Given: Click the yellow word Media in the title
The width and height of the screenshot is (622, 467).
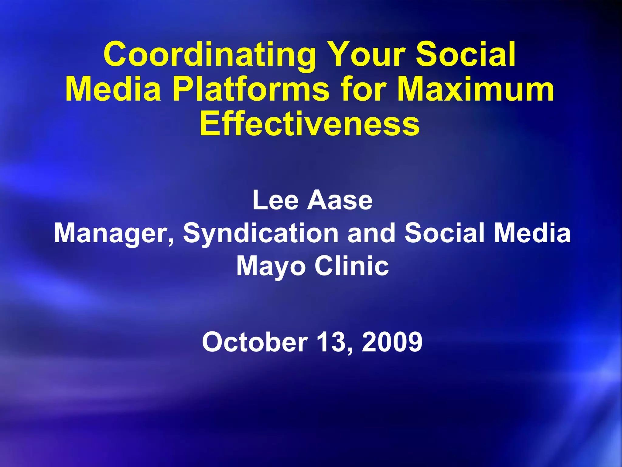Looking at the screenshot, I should click(113, 89).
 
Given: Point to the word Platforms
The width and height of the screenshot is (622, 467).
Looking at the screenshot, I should click(251, 89).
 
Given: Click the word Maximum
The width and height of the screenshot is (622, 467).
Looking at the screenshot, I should click(475, 89).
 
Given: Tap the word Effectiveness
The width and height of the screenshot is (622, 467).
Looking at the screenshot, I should click(309, 124).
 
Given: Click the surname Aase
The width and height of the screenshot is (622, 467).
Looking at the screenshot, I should click(340, 200).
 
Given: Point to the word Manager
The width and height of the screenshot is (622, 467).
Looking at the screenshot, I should click(114, 233).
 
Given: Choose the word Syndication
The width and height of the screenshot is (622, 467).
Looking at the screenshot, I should click(261, 233).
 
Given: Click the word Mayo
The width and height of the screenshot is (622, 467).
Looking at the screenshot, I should click(271, 266).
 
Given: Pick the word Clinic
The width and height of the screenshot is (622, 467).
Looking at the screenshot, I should click(352, 266).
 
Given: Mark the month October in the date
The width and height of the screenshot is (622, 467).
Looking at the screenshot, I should click(255, 342).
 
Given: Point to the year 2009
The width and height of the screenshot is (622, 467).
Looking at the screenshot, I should click(392, 342).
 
